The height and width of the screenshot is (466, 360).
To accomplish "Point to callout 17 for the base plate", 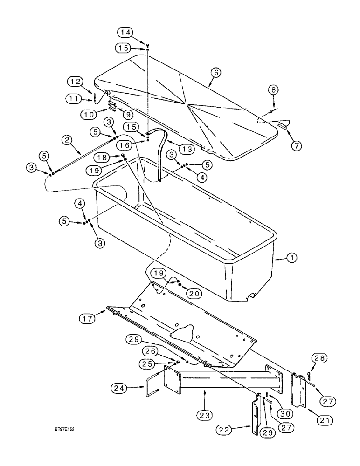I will point(86,319).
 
